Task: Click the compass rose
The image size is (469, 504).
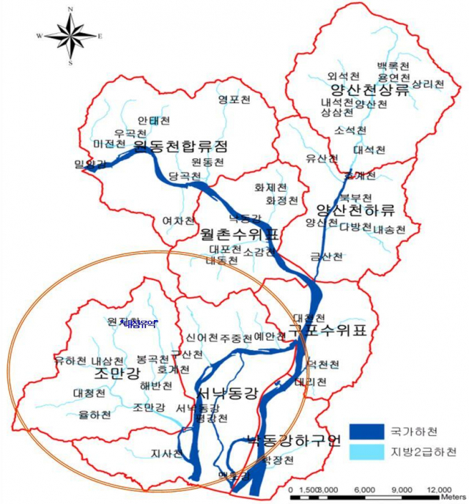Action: click(70, 35)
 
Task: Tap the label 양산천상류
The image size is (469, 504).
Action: click(369, 89)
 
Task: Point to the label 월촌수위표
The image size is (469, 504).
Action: click(240, 235)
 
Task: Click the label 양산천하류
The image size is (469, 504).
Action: click(355, 211)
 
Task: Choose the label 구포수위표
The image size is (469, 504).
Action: click(316, 330)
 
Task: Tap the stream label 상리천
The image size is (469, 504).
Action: click(428, 84)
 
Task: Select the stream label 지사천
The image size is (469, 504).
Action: click(166, 453)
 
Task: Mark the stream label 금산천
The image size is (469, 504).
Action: click(326, 257)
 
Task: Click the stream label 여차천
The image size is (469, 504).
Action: click(179, 220)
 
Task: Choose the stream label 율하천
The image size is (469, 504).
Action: click(95, 415)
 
